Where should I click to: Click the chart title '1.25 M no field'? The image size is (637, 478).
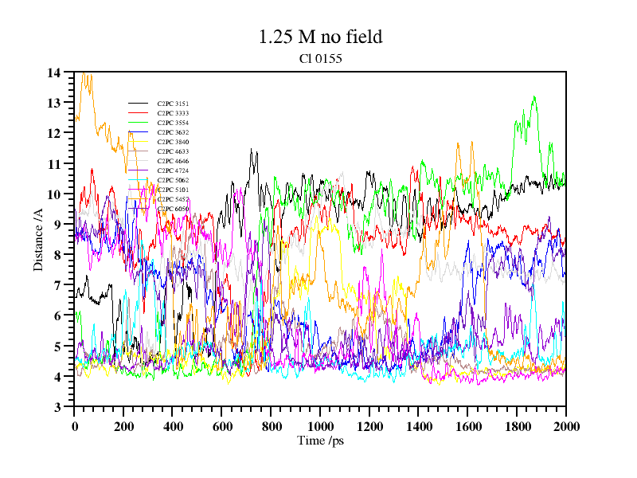click(x=320, y=37)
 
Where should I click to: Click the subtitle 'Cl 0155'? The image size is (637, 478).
click(x=320, y=58)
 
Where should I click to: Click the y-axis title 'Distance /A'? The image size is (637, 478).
click(x=38, y=239)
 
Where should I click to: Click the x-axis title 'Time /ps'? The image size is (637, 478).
click(x=320, y=441)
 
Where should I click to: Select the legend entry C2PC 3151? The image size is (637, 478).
click(x=173, y=104)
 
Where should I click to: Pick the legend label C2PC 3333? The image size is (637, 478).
click(x=173, y=113)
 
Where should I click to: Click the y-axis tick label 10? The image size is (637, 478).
click(x=54, y=194)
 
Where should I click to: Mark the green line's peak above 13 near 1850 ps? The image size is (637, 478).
click(x=534, y=97)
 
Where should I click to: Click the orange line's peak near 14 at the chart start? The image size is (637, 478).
click(x=84, y=73)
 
